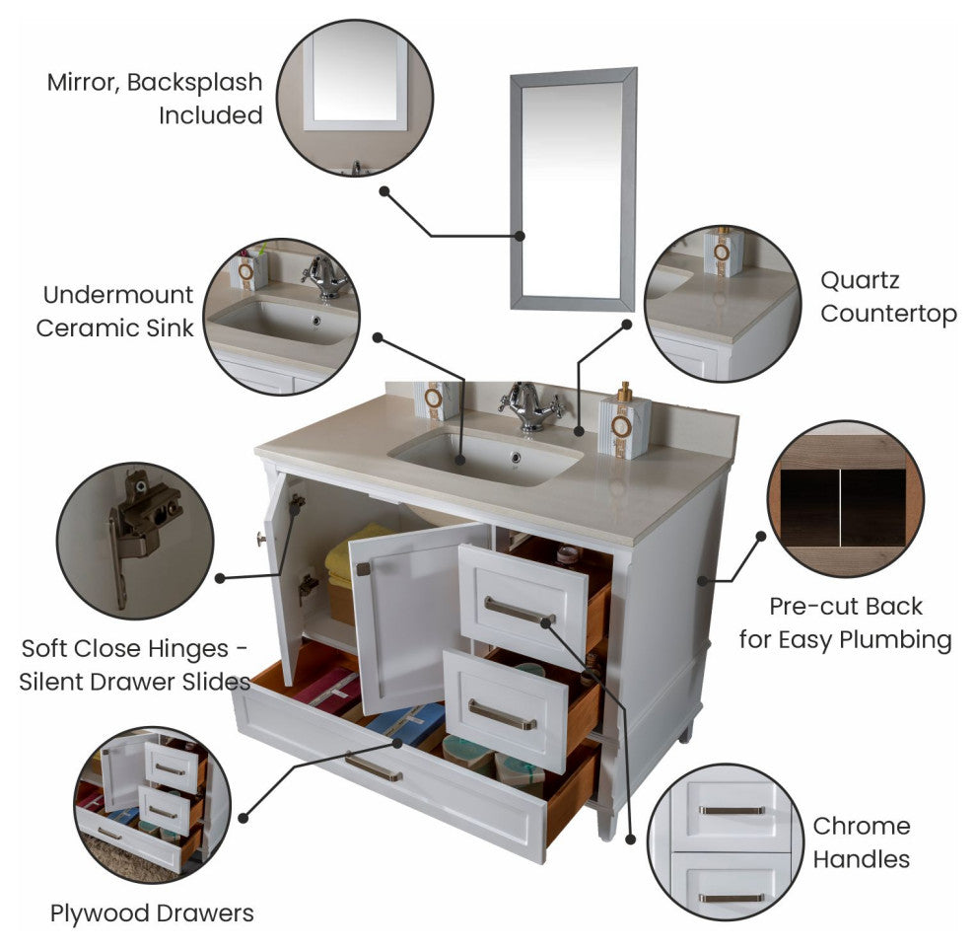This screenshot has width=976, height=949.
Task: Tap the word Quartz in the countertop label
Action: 860,281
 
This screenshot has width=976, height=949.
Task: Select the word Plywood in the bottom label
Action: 99,913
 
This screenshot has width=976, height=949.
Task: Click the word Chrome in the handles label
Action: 862,827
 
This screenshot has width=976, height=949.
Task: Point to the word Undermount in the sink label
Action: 118,295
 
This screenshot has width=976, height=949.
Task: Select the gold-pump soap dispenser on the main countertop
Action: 624,421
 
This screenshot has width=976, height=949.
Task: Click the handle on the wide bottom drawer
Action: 374,768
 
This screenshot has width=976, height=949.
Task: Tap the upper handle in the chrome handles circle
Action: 732,810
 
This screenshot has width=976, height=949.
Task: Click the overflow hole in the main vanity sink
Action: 516,457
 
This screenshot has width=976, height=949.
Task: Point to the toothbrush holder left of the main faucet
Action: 437,401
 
